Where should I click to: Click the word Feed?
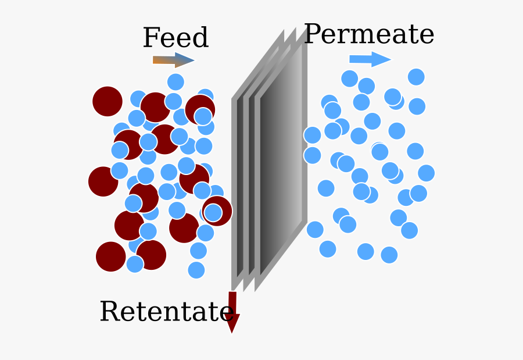coord(175,37)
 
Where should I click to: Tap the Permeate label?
coord(369,34)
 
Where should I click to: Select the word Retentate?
coord(166,311)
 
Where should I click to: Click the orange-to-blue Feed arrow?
coord(173,60)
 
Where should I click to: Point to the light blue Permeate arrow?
coord(370,59)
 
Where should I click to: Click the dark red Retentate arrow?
coord(232,312)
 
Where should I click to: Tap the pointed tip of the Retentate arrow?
coord(232,333)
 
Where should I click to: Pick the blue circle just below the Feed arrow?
coord(175,82)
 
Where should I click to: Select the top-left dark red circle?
coord(108,101)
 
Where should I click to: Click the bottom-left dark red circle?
coord(111,256)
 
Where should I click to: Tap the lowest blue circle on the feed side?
coord(196,270)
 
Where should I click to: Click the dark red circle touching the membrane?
coord(217,211)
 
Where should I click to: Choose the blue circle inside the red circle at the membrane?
coord(213,213)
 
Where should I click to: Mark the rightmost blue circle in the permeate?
coord(427,173)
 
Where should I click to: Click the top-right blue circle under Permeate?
coord(416,77)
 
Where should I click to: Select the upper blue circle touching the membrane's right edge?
coord(312,136)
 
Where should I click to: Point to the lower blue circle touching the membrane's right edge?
coord(312,155)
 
